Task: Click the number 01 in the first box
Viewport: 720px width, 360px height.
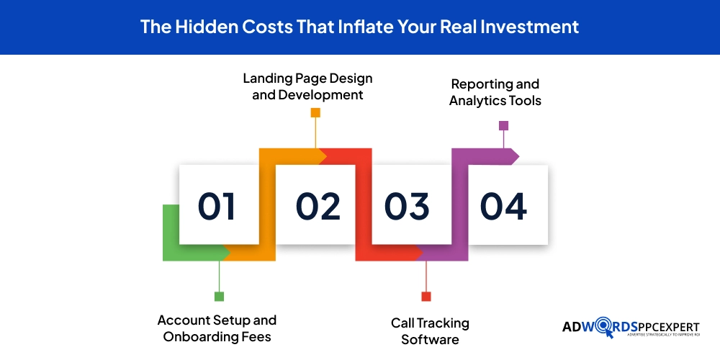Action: [217, 206]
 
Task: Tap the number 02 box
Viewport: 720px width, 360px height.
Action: [318, 206]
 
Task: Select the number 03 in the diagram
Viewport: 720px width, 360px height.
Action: [407, 206]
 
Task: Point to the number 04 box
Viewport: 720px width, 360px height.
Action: [503, 206]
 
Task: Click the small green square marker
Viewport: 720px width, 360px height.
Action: [219, 296]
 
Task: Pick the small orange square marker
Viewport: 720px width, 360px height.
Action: [315, 112]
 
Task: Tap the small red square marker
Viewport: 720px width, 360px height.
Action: [426, 296]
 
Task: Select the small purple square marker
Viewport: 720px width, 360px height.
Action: [503, 125]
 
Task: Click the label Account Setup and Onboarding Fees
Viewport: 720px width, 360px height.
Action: [217, 328]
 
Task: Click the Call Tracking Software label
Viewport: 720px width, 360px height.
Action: [430, 330]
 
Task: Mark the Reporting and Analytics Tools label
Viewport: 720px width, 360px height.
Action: [495, 93]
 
